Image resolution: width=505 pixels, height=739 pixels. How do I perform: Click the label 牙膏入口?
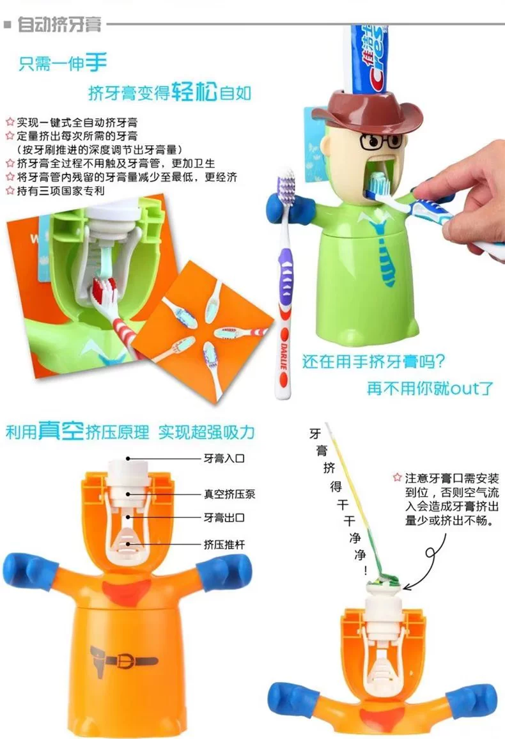click(224, 458)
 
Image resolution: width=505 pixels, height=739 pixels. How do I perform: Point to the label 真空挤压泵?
click(229, 494)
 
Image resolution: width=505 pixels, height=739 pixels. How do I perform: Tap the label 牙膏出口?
click(224, 517)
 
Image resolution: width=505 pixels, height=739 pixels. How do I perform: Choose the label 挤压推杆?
click(224, 545)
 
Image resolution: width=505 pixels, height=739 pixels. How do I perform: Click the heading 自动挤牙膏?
click(59, 24)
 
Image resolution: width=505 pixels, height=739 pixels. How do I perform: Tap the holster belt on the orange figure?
click(123, 660)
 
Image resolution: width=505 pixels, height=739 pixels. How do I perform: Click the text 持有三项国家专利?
click(61, 191)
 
